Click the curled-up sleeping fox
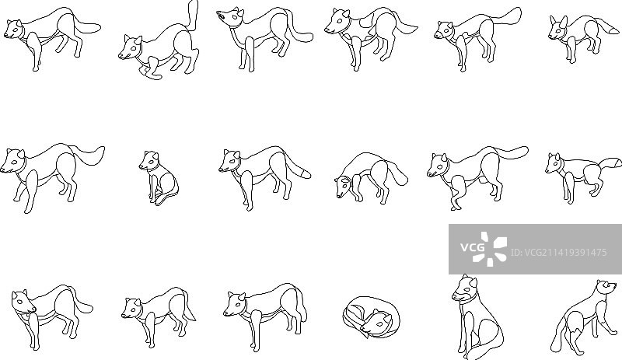pos(368,317)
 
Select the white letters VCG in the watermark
pos(473,248)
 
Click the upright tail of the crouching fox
pos(193,15)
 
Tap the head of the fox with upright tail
pos(130,47)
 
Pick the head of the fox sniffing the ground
pos(344,187)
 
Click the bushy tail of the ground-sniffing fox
pos(397,173)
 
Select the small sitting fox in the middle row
pos(158,177)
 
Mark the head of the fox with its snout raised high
pos(229,16)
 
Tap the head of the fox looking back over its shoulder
pos(23,302)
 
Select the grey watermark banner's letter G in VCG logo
pos(480,248)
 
